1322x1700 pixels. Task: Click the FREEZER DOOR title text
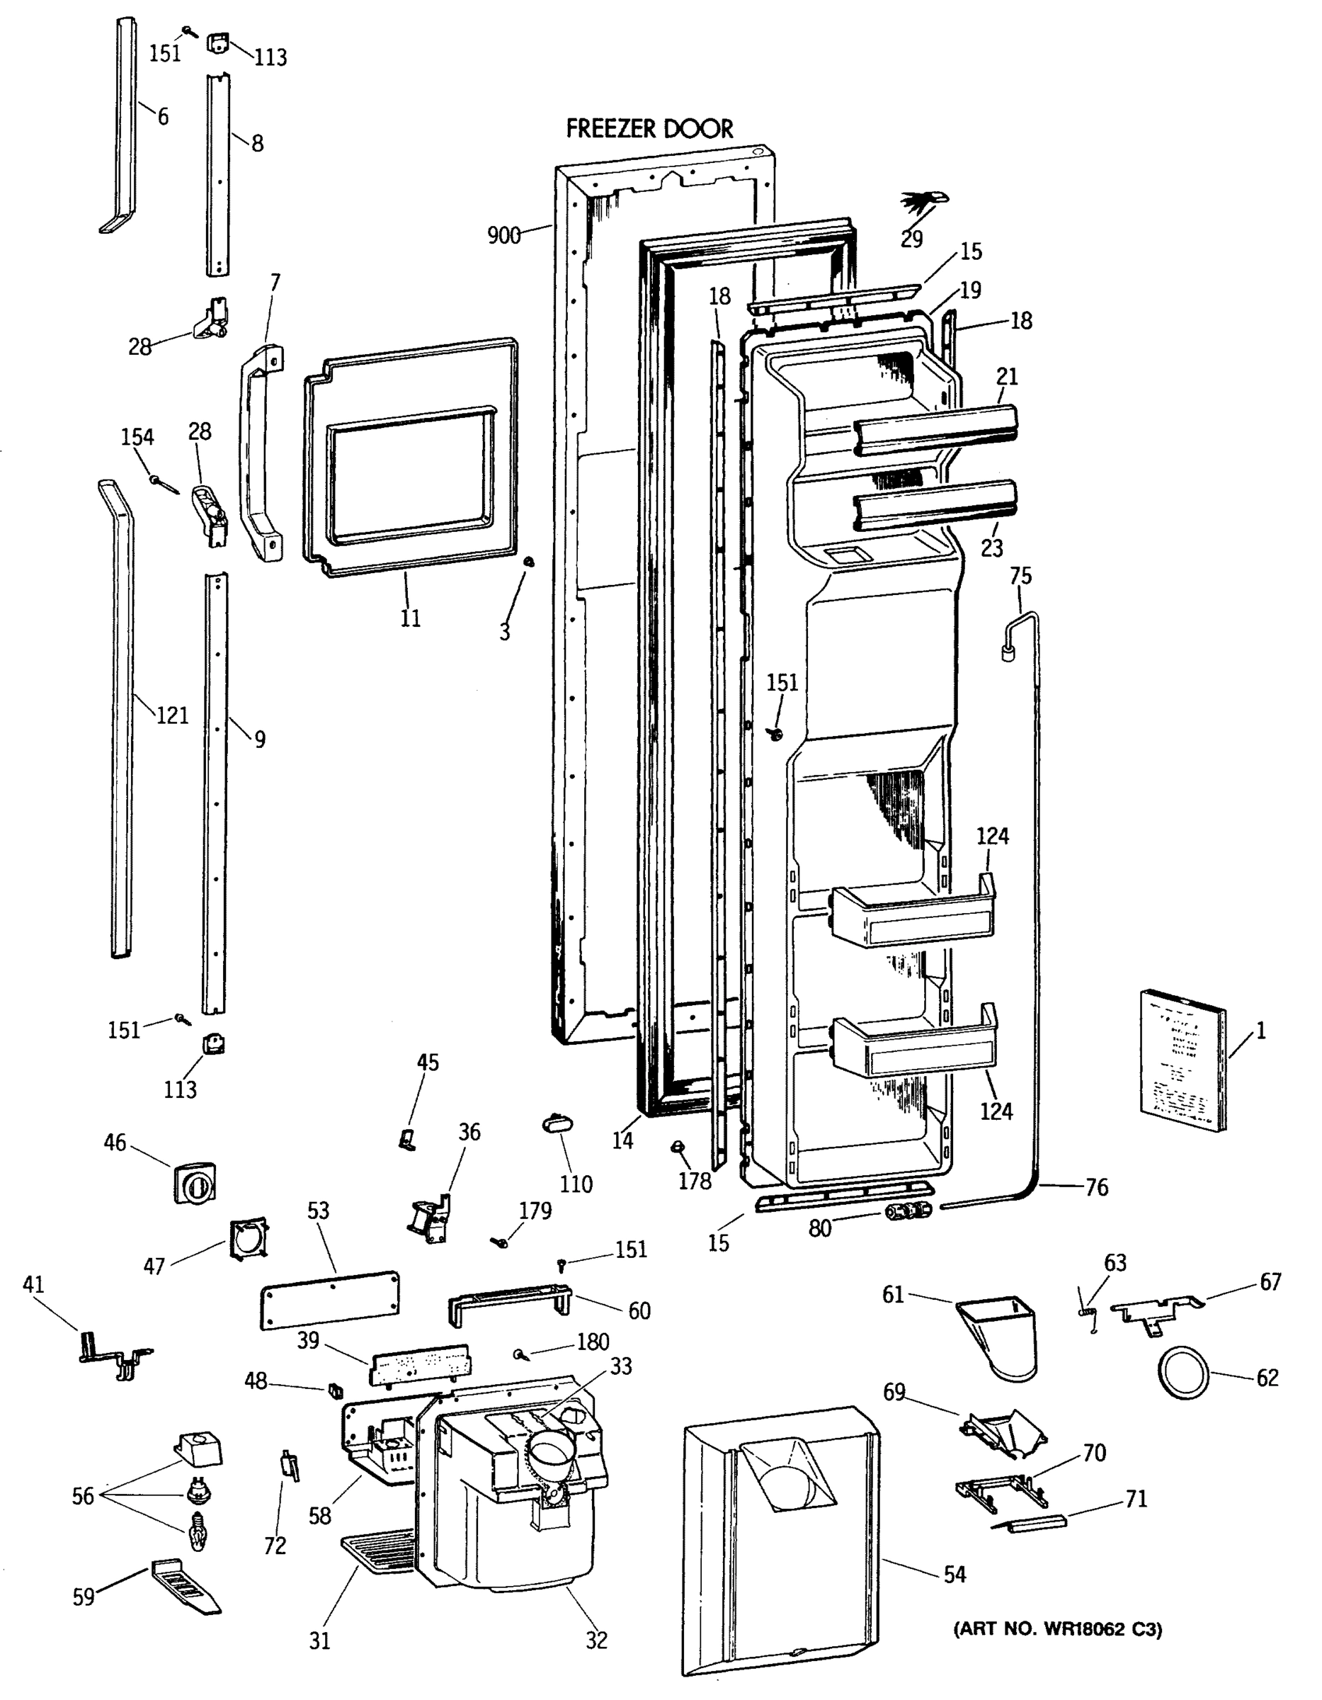point(649,128)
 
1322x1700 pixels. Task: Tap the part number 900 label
point(503,235)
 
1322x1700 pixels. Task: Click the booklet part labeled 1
point(1183,1060)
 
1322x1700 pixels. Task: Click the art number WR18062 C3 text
point(1058,1629)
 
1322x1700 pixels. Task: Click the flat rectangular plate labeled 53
point(329,1300)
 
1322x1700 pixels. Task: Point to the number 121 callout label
point(172,715)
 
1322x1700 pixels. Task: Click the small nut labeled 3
point(528,561)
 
